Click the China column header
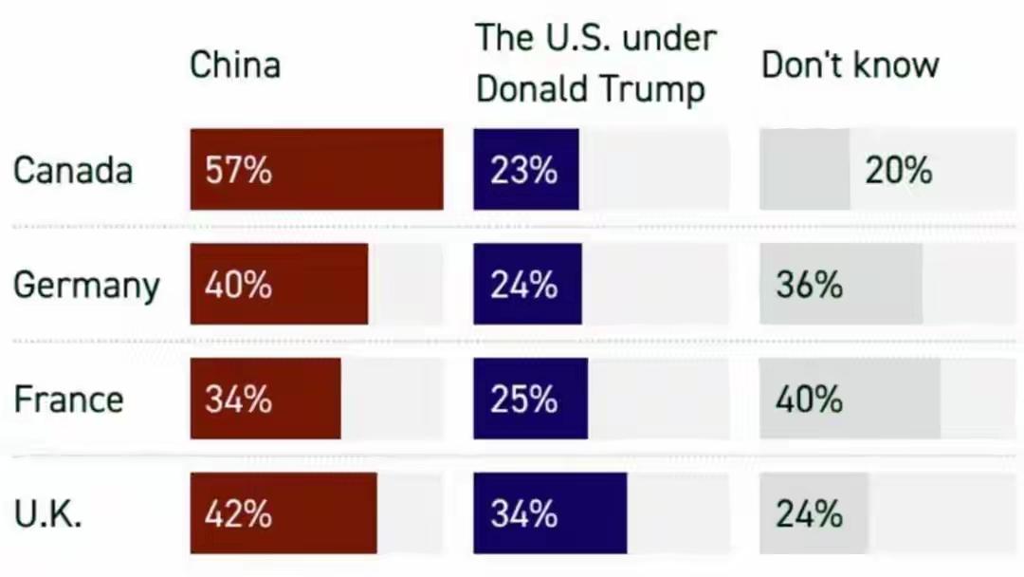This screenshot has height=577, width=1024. tap(235, 65)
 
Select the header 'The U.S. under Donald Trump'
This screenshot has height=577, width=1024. tap(594, 64)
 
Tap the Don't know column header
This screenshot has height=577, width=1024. tap(850, 65)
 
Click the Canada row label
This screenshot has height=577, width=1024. tap(73, 171)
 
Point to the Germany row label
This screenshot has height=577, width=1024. tap(86, 286)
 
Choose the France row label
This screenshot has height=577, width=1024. tap(68, 400)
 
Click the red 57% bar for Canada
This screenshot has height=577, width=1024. tap(316, 170)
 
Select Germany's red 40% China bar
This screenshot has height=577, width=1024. tap(279, 285)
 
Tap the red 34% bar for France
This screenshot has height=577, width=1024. tap(265, 399)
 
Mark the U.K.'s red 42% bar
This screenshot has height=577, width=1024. tap(283, 513)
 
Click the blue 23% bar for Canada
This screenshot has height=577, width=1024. tap(526, 170)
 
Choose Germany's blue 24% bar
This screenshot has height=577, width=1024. tap(527, 285)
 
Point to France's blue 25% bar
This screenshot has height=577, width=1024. tap(530, 399)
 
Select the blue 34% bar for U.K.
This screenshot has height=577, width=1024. tap(550, 513)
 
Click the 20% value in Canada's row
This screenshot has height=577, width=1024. tap(898, 171)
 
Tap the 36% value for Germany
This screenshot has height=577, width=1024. tap(809, 286)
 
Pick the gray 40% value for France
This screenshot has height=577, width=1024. tap(809, 400)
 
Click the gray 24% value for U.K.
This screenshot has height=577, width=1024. tap(809, 514)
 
